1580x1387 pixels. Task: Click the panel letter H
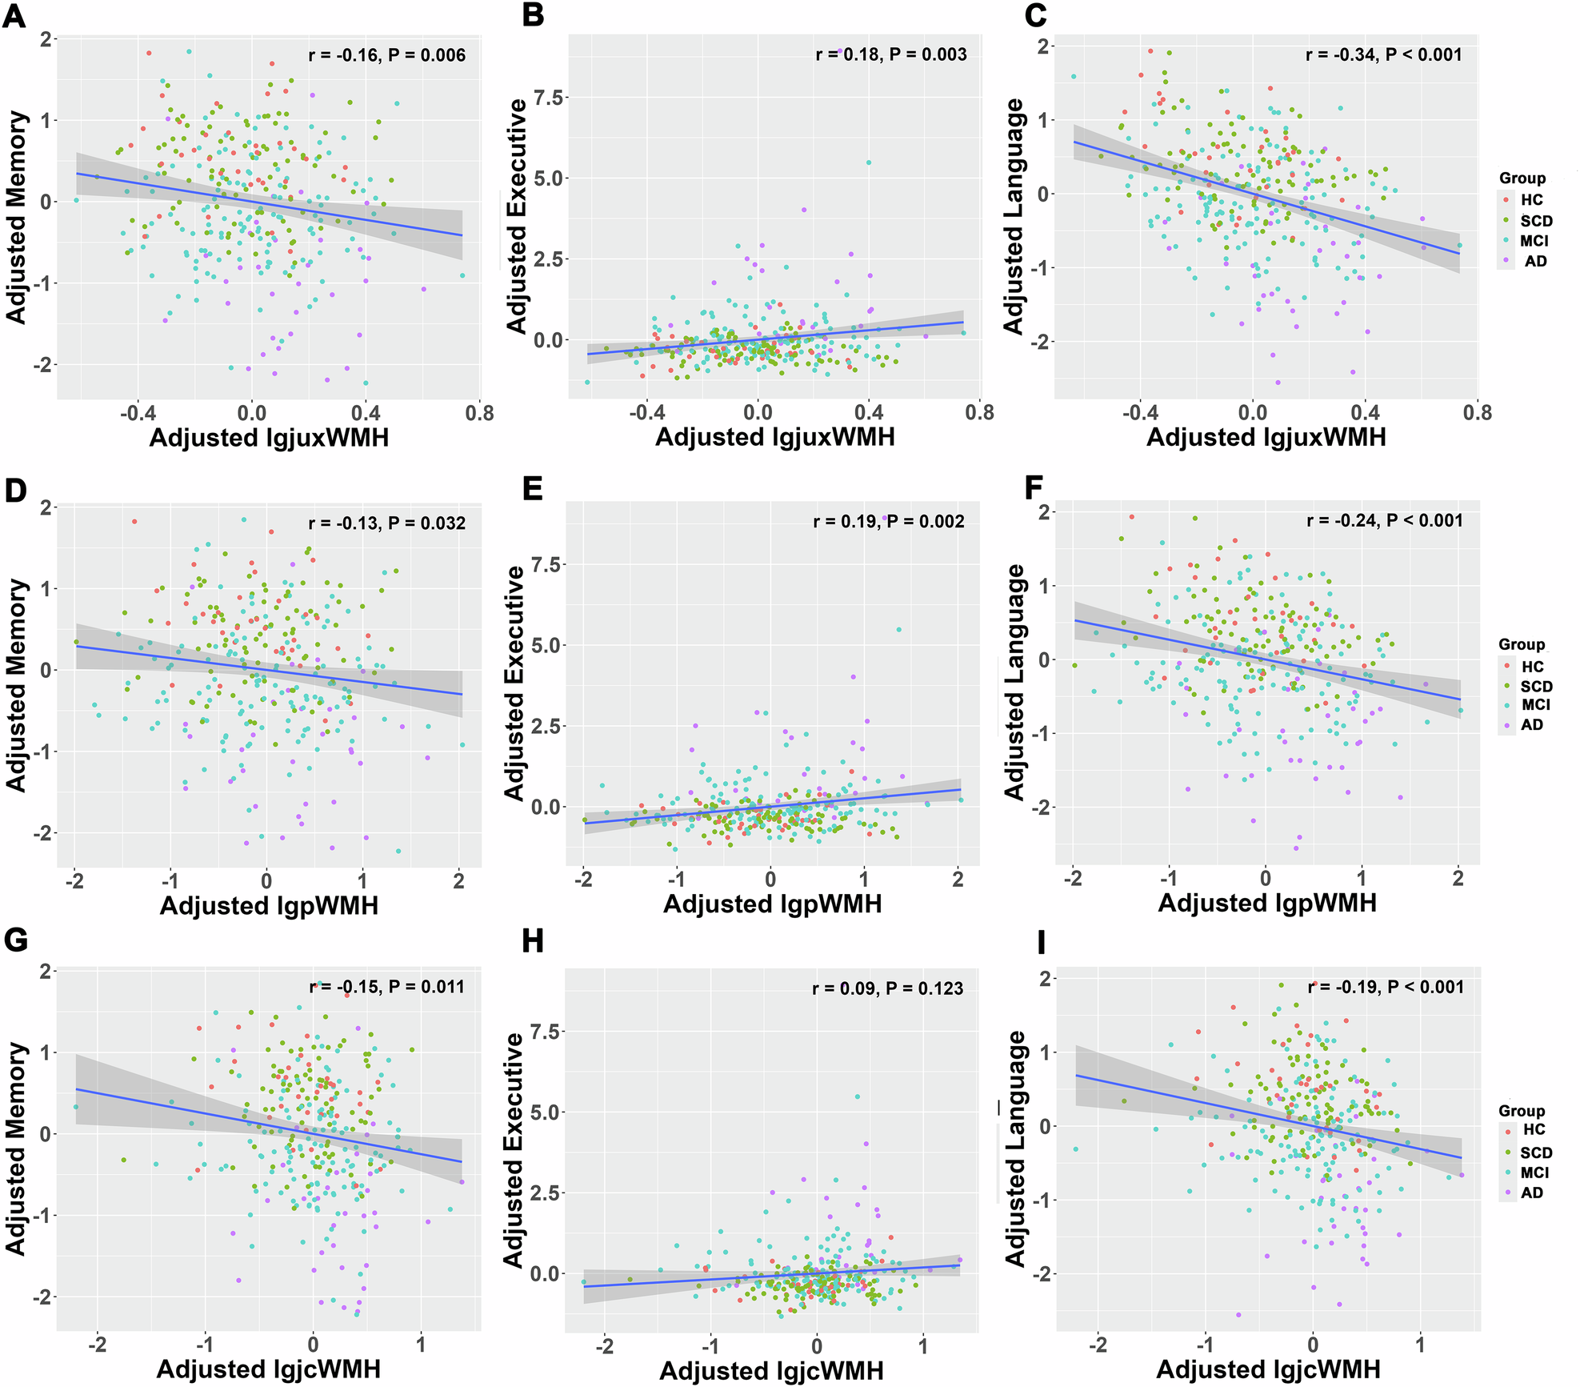pos(533,942)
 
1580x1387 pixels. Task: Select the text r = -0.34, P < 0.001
pos(1384,55)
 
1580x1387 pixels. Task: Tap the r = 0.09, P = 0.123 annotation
pos(888,988)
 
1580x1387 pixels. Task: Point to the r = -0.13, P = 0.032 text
pos(386,523)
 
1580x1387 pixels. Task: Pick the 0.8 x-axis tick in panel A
pos(479,414)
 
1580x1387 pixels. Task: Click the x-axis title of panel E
pos(773,904)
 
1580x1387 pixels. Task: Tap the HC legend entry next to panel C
pos(1530,200)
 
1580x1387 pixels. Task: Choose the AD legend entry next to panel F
pos(1530,725)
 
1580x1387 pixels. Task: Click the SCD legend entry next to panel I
pos(1534,1153)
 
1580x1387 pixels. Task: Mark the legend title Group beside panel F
pos(1522,645)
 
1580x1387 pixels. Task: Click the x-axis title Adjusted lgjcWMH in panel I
pos(1269,1369)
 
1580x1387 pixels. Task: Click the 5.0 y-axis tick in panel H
pos(547,1112)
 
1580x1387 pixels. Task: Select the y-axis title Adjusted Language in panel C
pos(1014,216)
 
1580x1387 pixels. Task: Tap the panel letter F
pos(1034,488)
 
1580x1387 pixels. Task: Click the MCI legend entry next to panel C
pos(1534,241)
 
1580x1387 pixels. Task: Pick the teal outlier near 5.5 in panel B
pos(868,162)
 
